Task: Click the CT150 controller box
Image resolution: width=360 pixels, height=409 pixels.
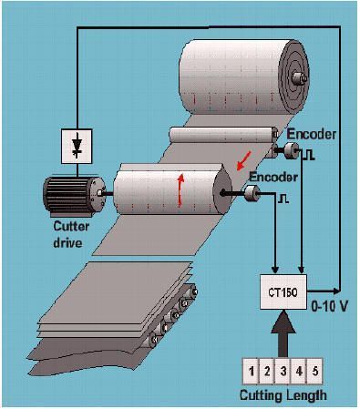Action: [283, 291]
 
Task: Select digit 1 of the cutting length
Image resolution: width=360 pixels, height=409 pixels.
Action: [251, 371]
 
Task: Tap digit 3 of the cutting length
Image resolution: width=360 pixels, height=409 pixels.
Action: [283, 371]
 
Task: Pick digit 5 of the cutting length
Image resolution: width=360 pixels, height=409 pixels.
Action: [315, 371]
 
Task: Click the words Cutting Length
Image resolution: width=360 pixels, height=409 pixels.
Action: [283, 395]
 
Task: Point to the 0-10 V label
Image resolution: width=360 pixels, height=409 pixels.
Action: [329, 307]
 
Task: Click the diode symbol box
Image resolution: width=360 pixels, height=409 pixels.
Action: [77, 146]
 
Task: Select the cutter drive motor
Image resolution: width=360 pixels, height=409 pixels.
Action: [74, 195]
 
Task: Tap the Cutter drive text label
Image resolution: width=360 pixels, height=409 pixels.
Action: [70, 235]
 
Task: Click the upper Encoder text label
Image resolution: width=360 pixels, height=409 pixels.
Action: [312, 134]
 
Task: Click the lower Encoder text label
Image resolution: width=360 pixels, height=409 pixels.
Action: [273, 177]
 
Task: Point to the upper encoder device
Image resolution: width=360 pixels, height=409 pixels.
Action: [292, 150]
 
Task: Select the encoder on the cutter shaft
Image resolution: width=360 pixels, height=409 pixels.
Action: [252, 193]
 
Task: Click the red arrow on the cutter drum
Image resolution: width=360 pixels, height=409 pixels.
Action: [180, 189]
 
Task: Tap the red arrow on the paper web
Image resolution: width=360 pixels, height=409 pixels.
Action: [244, 160]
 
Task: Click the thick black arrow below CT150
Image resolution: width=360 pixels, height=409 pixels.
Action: [283, 333]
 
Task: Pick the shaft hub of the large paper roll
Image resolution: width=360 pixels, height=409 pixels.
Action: [299, 78]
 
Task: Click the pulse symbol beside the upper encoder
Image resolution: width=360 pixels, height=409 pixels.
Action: [309, 156]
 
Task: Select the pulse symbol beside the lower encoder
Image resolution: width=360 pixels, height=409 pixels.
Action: [283, 199]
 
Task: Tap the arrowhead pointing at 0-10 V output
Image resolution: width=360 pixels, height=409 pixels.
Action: [336, 291]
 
